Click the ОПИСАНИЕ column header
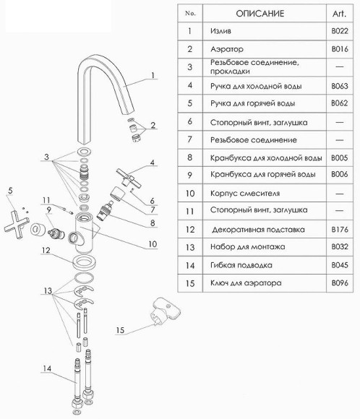[x=260, y=13]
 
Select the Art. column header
[x=339, y=13]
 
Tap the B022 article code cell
[x=340, y=31]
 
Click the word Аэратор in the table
[x=227, y=49]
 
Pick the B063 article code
[x=340, y=86]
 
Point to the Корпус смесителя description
[x=245, y=193]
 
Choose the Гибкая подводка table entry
[x=241, y=265]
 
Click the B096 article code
[x=340, y=282]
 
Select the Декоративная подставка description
[x=258, y=230]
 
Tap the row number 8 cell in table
[x=190, y=157]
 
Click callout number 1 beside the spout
[x=153, y=75]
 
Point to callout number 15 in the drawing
[x=120, y=330]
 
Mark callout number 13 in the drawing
[x=48, y=290]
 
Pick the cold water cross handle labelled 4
[x=129, y=178]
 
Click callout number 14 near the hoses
[x=47, y=368]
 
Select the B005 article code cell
[x=340, y=157]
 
